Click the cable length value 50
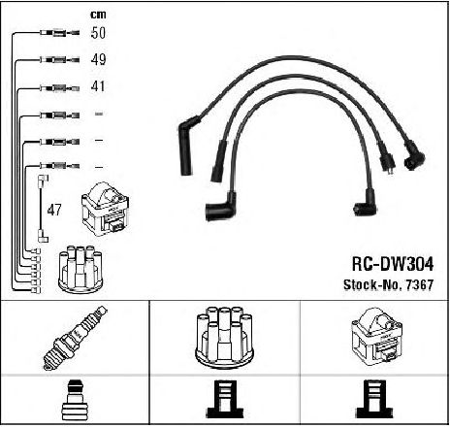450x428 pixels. click(98, 33)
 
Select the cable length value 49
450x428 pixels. click(98, 59)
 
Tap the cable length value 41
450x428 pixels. click(98, 86)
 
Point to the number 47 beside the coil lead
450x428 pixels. click(54, 210)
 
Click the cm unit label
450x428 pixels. click(98, 15)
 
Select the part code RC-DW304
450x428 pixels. click(393, 264)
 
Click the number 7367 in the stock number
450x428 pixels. click(419, 285)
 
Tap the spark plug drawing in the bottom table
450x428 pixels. click(75, 337)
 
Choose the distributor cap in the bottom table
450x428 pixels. click(225, 338)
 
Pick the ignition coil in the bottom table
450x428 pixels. click(376, 337)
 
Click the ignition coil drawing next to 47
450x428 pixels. click(106, 209)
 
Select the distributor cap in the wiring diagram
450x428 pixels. click(80, 270)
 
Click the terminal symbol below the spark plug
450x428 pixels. click(75, 400)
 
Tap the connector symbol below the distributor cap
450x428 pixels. click(225, 399)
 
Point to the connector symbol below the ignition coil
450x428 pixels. click(374, 399)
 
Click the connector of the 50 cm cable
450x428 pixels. click(59, 33)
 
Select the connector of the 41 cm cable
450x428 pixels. click(59, 88)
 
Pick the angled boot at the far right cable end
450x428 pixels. click(414, 157)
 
